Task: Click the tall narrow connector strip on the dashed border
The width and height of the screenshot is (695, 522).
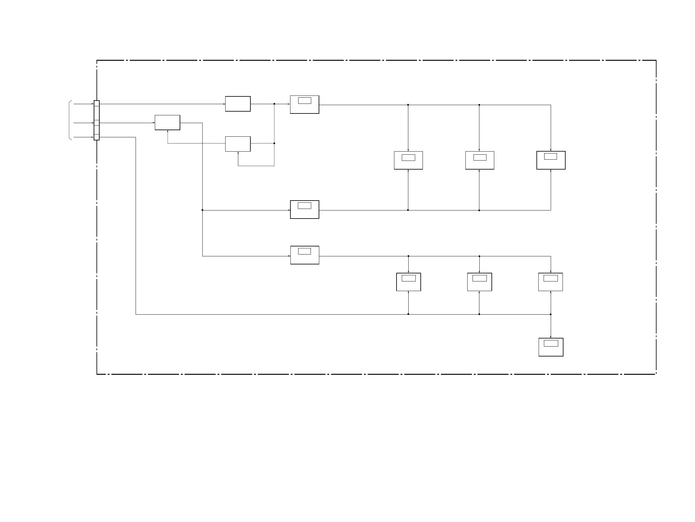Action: (x=96, y=120)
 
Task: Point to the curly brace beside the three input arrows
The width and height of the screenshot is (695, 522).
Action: (x=70, y=120)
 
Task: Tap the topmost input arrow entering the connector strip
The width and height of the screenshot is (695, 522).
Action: (x=83, y=104)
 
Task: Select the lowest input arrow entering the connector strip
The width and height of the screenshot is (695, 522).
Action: (x=83, y=137)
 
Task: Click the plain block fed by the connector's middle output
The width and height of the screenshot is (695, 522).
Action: (x=168, y=122)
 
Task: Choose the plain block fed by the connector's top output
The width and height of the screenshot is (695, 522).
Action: (x=238, y=104)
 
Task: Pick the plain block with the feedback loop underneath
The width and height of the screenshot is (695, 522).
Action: (x=238, y=144)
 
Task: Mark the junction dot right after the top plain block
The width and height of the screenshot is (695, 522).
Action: (x=274, y=104)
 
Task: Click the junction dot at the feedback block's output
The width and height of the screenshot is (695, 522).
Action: (x=274, y=144)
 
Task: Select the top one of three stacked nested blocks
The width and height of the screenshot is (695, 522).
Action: (x=304, y=104)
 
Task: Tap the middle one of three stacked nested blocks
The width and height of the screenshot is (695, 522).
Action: (x=304, y=209)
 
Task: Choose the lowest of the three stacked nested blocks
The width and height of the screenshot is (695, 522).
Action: (x=305, y=255)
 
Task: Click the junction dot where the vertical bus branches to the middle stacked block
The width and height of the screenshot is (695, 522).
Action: (x=202, y=210)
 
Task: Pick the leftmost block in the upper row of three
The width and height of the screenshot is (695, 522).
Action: (x=408, y=160)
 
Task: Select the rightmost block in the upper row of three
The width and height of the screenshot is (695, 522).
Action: (x=551, y=160)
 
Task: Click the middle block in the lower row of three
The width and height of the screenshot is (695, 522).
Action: (x=479, y=282)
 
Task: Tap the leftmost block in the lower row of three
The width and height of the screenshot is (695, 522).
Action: (x=408, y=282)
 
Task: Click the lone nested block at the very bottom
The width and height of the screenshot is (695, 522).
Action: (x=551, y=347)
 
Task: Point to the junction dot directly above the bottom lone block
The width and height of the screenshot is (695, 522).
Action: (x=551, y=314)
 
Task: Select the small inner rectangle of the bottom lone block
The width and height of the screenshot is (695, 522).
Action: (x=551, y=343)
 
